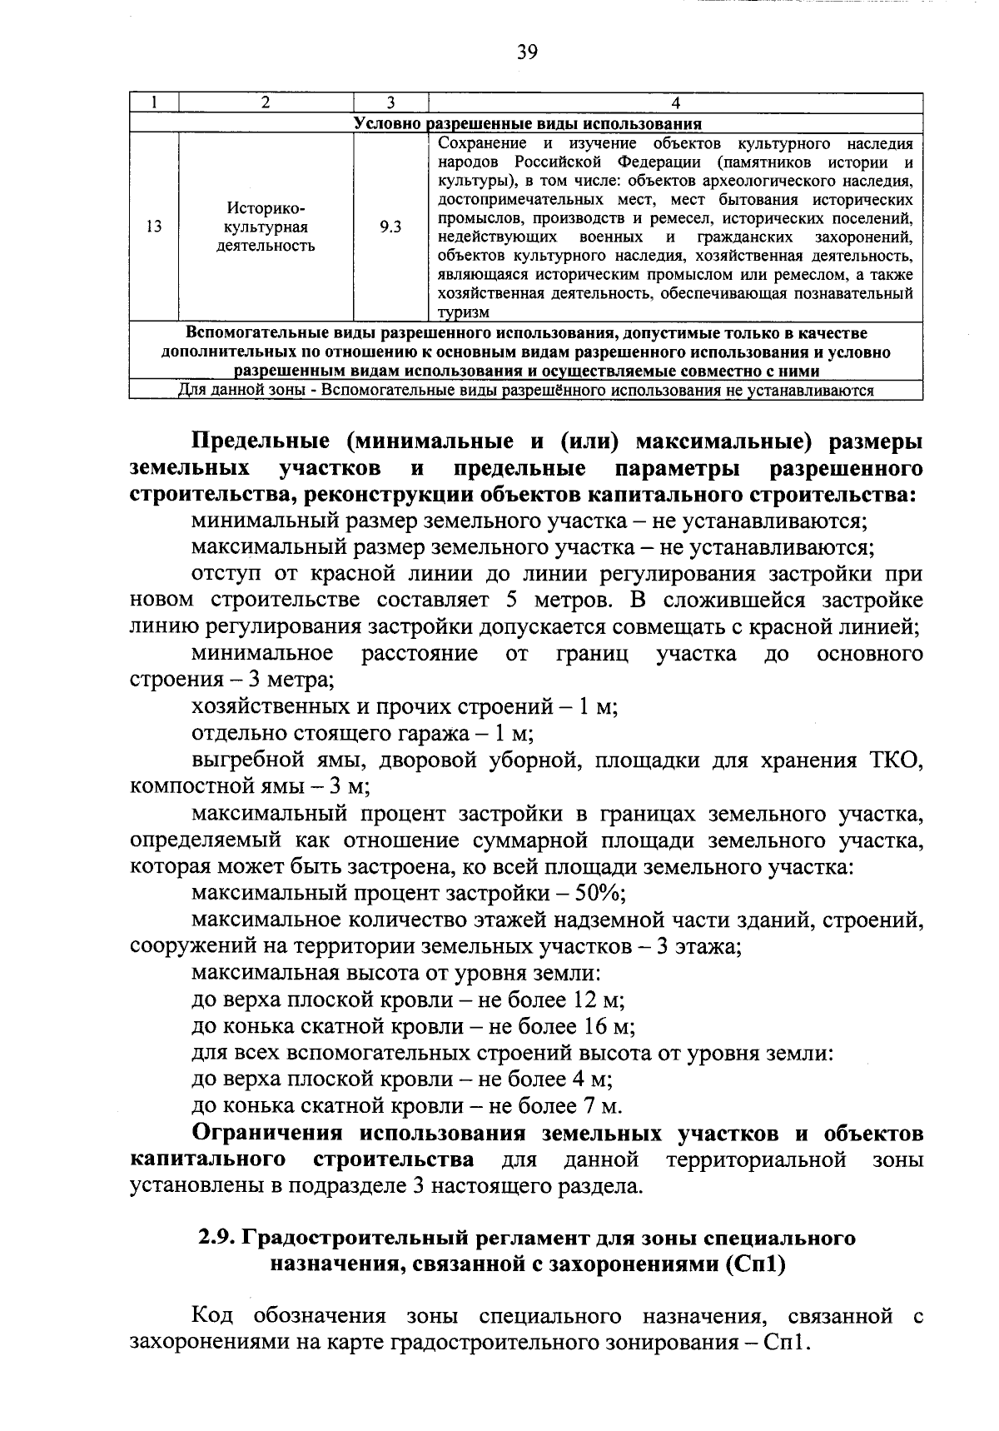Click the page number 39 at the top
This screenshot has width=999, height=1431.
(x=527, y=52)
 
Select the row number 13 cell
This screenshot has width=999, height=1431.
(x=154, y=227)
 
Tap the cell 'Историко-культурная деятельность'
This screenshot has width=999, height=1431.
(x=266, y=227)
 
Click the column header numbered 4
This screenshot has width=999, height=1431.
(x=675, y=103)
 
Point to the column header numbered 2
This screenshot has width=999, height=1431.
(x=266, y=103)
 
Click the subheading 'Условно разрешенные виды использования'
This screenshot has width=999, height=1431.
(x=527, y=123)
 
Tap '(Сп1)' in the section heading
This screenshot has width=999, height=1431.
(x=754, y=1264)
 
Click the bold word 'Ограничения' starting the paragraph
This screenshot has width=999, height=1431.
(x=267, y=1134)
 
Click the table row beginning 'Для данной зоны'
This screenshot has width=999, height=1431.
(x=527, y=391)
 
